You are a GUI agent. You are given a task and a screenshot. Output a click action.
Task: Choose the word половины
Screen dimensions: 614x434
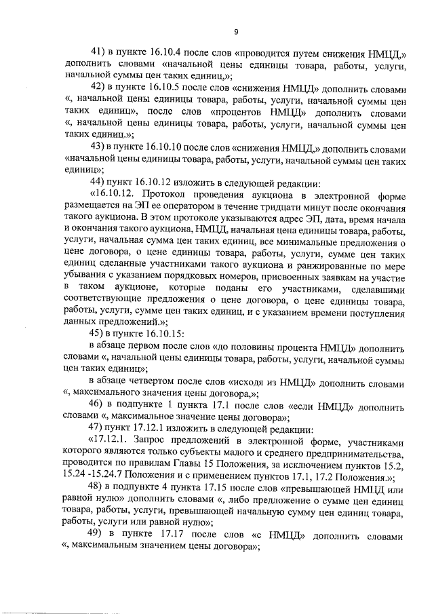click(x=260, y=345)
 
